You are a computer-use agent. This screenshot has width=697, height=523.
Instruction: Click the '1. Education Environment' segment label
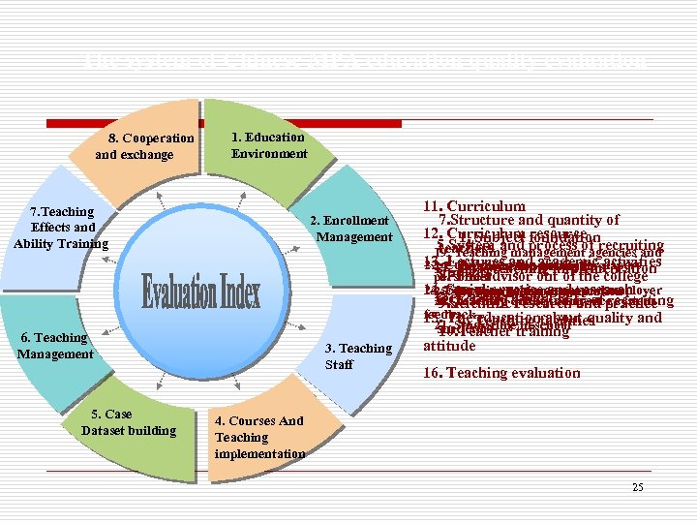click(x=269, y=145)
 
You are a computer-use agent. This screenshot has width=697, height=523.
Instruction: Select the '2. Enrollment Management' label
click(x=350, y=230)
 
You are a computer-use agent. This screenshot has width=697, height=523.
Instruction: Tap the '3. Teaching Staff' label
click(x=365, y=356)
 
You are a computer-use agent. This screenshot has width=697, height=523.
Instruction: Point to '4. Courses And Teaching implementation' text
click(x=259, y=438)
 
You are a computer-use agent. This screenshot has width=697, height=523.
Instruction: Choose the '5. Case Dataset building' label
click(x=129, y=422)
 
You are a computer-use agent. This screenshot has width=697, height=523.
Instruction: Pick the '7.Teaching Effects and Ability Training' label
click(x=61, y=228)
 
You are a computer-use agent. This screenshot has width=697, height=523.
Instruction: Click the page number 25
click(x=637, y=487)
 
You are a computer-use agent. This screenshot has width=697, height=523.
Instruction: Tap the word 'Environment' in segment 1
click(x=269, y=153)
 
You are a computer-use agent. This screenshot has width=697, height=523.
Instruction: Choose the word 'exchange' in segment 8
click(x=147, y=155)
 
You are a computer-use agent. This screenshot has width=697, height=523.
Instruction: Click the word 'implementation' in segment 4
click(x=259, y=453)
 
